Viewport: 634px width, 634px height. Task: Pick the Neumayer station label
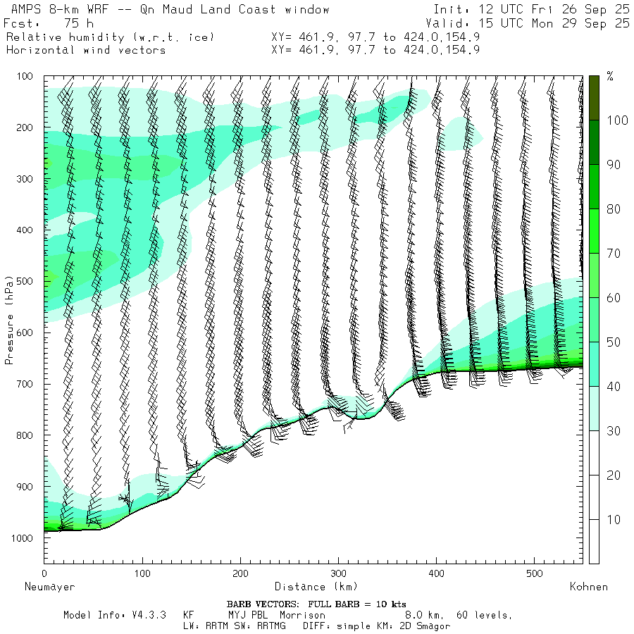tap(49, 587)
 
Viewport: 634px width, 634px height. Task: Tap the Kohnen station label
tap(589, 587)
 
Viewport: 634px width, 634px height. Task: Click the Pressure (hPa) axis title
tap(10, 320)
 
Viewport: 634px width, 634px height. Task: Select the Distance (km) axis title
tap(316, 587)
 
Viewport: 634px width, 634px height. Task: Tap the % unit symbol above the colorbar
tap(610, 76)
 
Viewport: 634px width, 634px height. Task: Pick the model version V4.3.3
tap(147, 615)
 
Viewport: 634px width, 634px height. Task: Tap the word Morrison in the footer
tap(302, 615)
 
